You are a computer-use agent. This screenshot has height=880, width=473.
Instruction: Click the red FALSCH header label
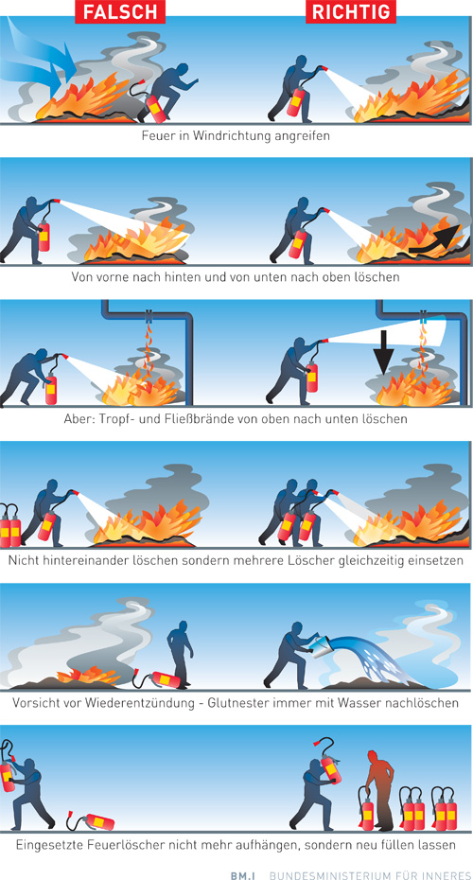tap(120, 11)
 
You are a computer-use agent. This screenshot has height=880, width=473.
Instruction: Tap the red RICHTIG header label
tap(351, 11)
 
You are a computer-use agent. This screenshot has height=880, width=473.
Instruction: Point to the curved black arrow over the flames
tap(435, 238)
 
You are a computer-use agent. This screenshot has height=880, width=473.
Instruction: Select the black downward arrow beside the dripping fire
tap(384, 350)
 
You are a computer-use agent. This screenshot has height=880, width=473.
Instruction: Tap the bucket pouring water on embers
tap(322, 650)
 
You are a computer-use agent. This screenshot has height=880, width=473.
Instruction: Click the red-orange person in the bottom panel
tap(381, 788)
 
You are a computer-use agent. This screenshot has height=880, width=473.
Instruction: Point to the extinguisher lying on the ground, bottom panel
tap(90, 821)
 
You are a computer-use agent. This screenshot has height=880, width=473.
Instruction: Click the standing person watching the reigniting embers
tap(180, 653)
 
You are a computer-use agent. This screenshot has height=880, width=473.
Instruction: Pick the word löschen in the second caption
tap(378, 277)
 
